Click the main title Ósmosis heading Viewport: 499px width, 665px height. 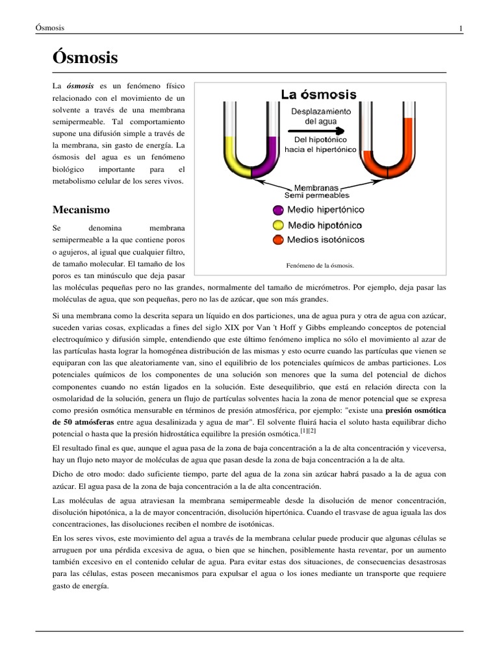(x=84, y=58)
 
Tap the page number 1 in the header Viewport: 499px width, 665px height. (x=461, y=28)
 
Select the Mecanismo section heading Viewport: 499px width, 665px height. (x=81, y=210)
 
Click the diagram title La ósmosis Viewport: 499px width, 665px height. (x=318, y=95)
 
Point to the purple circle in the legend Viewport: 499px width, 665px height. (x=278, y=210)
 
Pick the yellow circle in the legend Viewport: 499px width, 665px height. (x=278, y=225)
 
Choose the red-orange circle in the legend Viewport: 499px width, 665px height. (x=278, y=240)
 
